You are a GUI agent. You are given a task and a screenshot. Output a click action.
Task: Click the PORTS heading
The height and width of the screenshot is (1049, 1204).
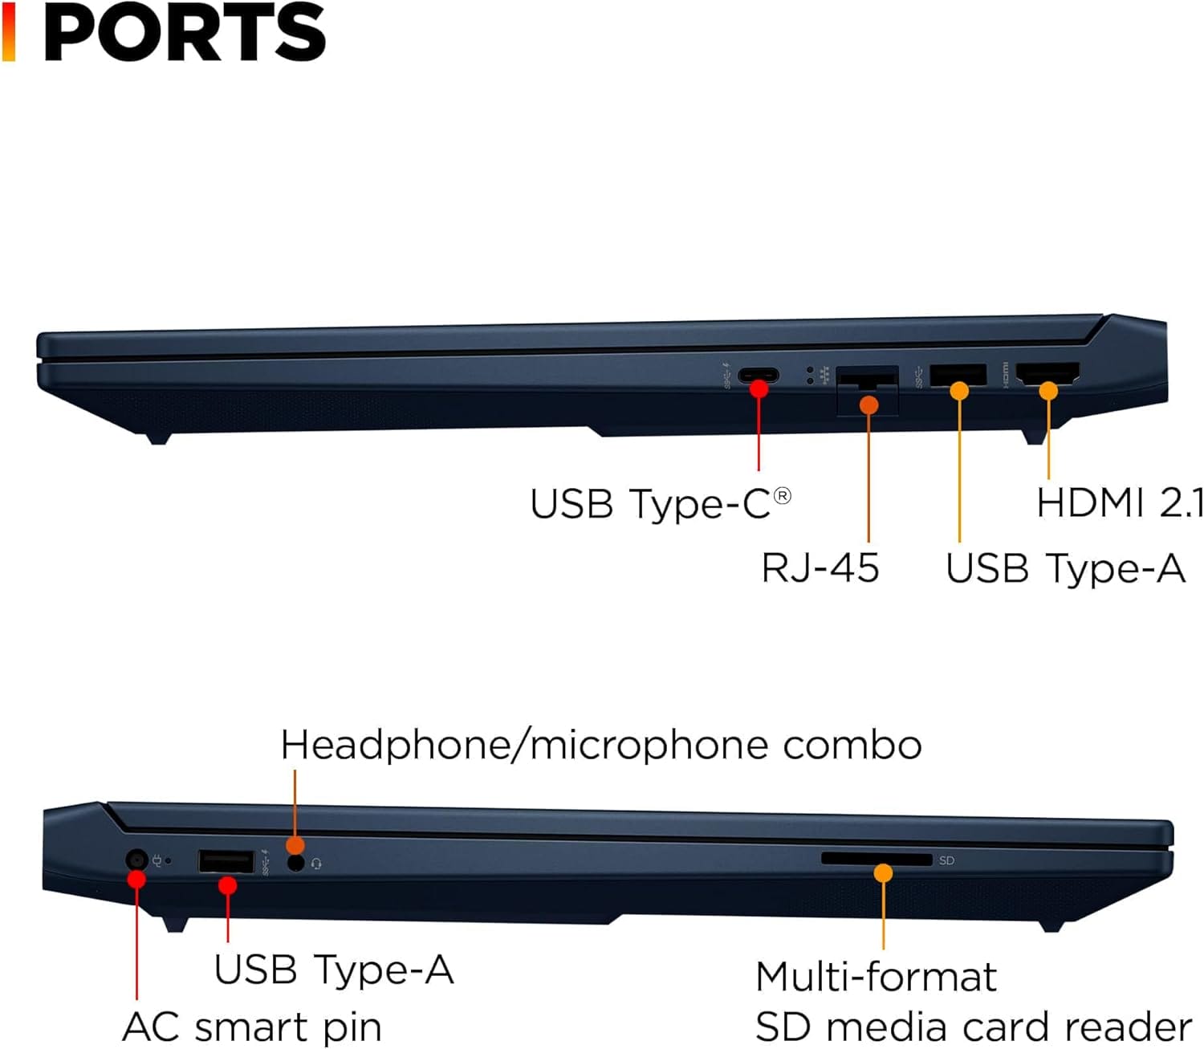coord(185,34)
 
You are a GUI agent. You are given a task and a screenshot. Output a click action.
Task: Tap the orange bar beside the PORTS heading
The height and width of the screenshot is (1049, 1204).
coord(8,32)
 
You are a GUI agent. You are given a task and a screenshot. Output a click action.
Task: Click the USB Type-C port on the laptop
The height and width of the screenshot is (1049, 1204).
coord(758,374)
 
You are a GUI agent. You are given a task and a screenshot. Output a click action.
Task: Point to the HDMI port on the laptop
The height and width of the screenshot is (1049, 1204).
coord(1047,373)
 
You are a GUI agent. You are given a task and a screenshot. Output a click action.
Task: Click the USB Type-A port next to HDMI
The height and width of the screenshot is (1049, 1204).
coord(958,374)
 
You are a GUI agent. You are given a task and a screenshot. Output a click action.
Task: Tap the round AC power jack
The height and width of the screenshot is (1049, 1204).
coord(137,860)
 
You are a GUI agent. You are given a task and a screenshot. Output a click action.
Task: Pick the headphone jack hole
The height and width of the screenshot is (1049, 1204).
coord(296,863)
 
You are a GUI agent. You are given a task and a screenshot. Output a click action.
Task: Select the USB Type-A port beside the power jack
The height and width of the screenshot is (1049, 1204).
coord(226,862)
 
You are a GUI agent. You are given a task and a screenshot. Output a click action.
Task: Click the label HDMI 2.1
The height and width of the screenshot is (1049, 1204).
coord(1120,503)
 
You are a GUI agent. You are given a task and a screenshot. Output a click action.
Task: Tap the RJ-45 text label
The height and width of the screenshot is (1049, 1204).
coord(820,567)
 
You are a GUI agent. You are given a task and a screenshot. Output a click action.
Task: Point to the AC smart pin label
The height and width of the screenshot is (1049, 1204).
coord(251,1027)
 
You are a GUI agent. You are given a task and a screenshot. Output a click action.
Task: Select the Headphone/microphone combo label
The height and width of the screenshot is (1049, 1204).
coord(600,745)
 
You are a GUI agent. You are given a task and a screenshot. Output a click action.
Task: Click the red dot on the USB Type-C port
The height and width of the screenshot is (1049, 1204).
coord(759,389)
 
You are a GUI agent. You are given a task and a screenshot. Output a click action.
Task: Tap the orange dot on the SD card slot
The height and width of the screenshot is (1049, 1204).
coord(883,872)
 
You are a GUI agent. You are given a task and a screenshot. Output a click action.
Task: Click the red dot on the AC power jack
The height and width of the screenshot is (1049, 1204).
coord(136,879)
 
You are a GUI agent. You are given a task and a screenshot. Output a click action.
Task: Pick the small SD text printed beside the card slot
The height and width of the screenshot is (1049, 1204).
coord(946,860)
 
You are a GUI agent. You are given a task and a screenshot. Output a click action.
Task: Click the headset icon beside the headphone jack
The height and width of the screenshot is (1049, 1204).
coord(316,864)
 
